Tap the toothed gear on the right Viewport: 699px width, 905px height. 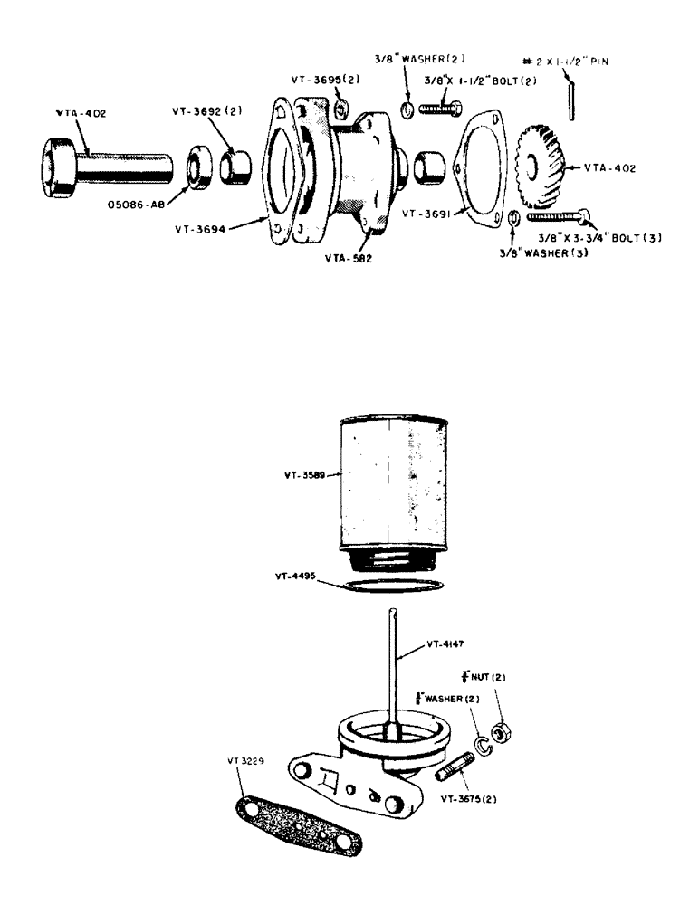[x=538, y=169]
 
